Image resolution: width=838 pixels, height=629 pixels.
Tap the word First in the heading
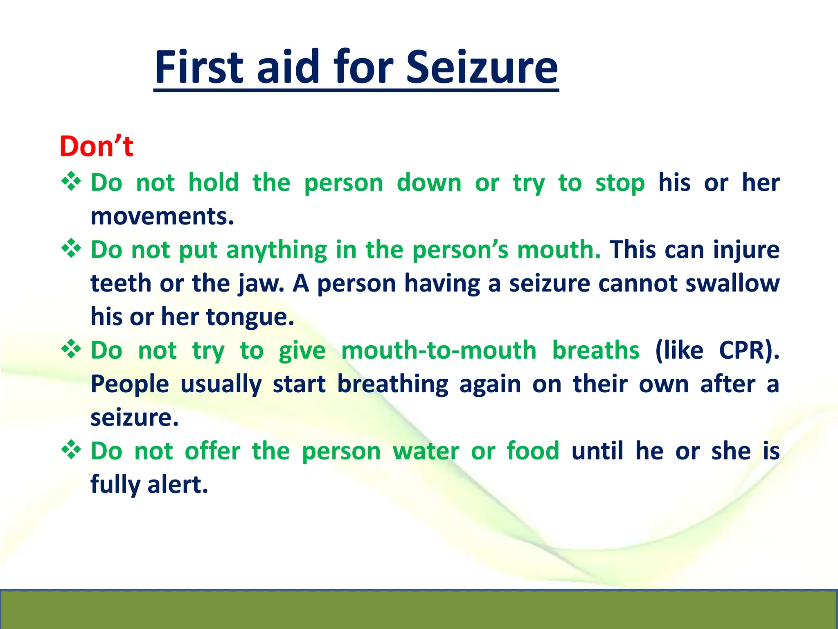pyautogui.click(x=199, y=67)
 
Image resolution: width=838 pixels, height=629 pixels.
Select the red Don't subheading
pyautogui.click(x=96, y=146)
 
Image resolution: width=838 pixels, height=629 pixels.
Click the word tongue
pyautogui.click(x=250, y=317)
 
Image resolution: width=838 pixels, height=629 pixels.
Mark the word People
pyautogui.click(x=130, y=384)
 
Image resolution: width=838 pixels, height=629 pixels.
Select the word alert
pyautogui.click(x=178, y=484)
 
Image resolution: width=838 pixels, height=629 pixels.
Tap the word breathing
pyautogui.click(x=393, y=384)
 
